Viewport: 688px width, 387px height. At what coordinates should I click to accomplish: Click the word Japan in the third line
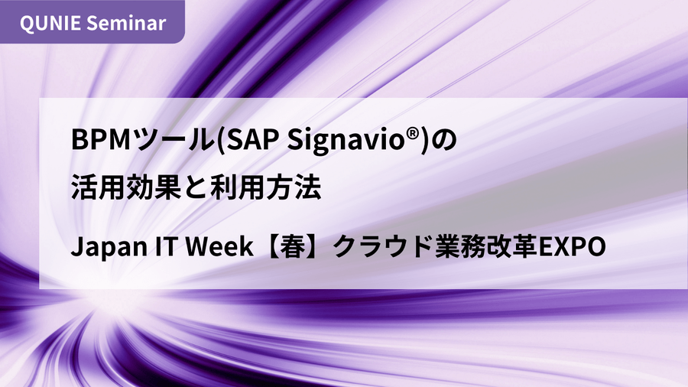(x=109, y=246)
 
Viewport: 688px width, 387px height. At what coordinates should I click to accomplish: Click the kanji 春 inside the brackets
(x=293, y=246)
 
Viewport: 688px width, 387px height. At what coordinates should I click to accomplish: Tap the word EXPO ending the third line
(x=572, y=246)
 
